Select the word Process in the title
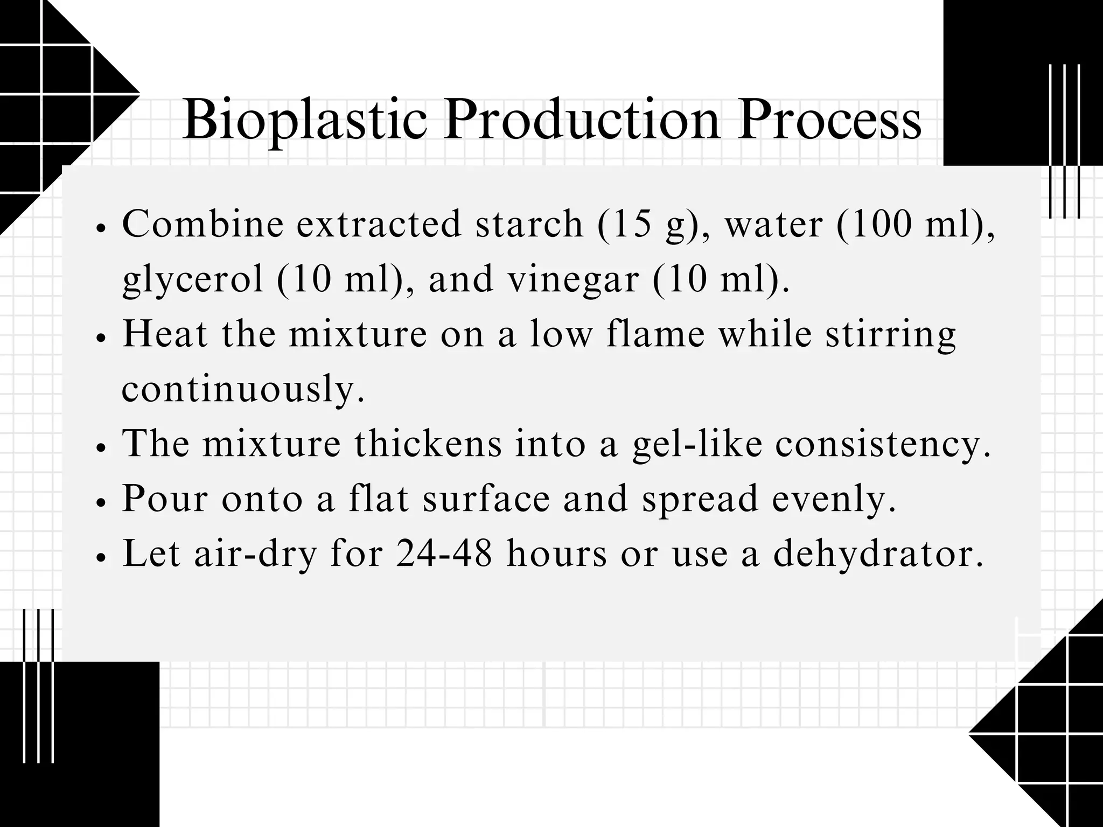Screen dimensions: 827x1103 click(x=829, y=120)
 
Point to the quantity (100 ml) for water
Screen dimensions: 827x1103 click(x=916, y=223)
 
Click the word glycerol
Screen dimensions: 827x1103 click(x=193, y=279)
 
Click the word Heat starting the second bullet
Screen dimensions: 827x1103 click(x=165, y=334)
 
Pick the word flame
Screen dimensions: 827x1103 click(x=655, y=334)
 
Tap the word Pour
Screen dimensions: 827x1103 click(x=165, y=499)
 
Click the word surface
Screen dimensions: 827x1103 click(x=486, y=499)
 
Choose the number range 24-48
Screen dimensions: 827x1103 click(x=444, y=553)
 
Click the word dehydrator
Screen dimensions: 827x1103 click(x=878, y=553)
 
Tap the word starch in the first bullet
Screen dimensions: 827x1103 click(x=529, y=223)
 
